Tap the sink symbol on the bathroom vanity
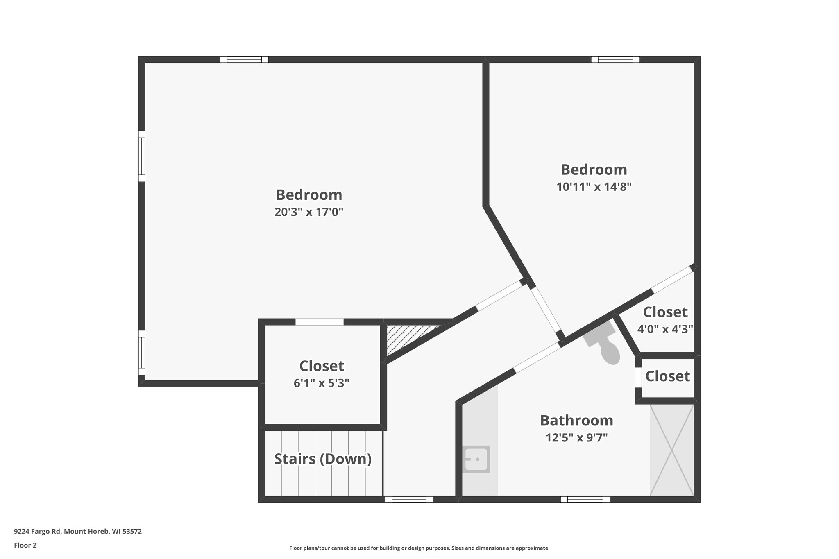(x=476, y=459)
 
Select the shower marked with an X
(x=672, y=450)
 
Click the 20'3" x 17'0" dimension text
(x=308, y=212)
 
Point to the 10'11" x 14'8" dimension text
(x=594, y=187)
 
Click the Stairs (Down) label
(x=323, y=459)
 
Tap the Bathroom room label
(x=576, y=421)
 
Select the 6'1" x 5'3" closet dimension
(x=321, y=383)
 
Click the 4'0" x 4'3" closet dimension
(x=665, y=329)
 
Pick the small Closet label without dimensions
(x=667, y=376)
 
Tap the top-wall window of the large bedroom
(x=244, y=59)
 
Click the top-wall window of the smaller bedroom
(x=615, y=59)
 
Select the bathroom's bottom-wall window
(x=585, y=500)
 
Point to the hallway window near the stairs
(x=409, y=500)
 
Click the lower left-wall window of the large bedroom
(x=141, y=353)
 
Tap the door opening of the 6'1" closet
(x=320, y=322)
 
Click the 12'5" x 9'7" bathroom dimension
(x=576, y=438)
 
